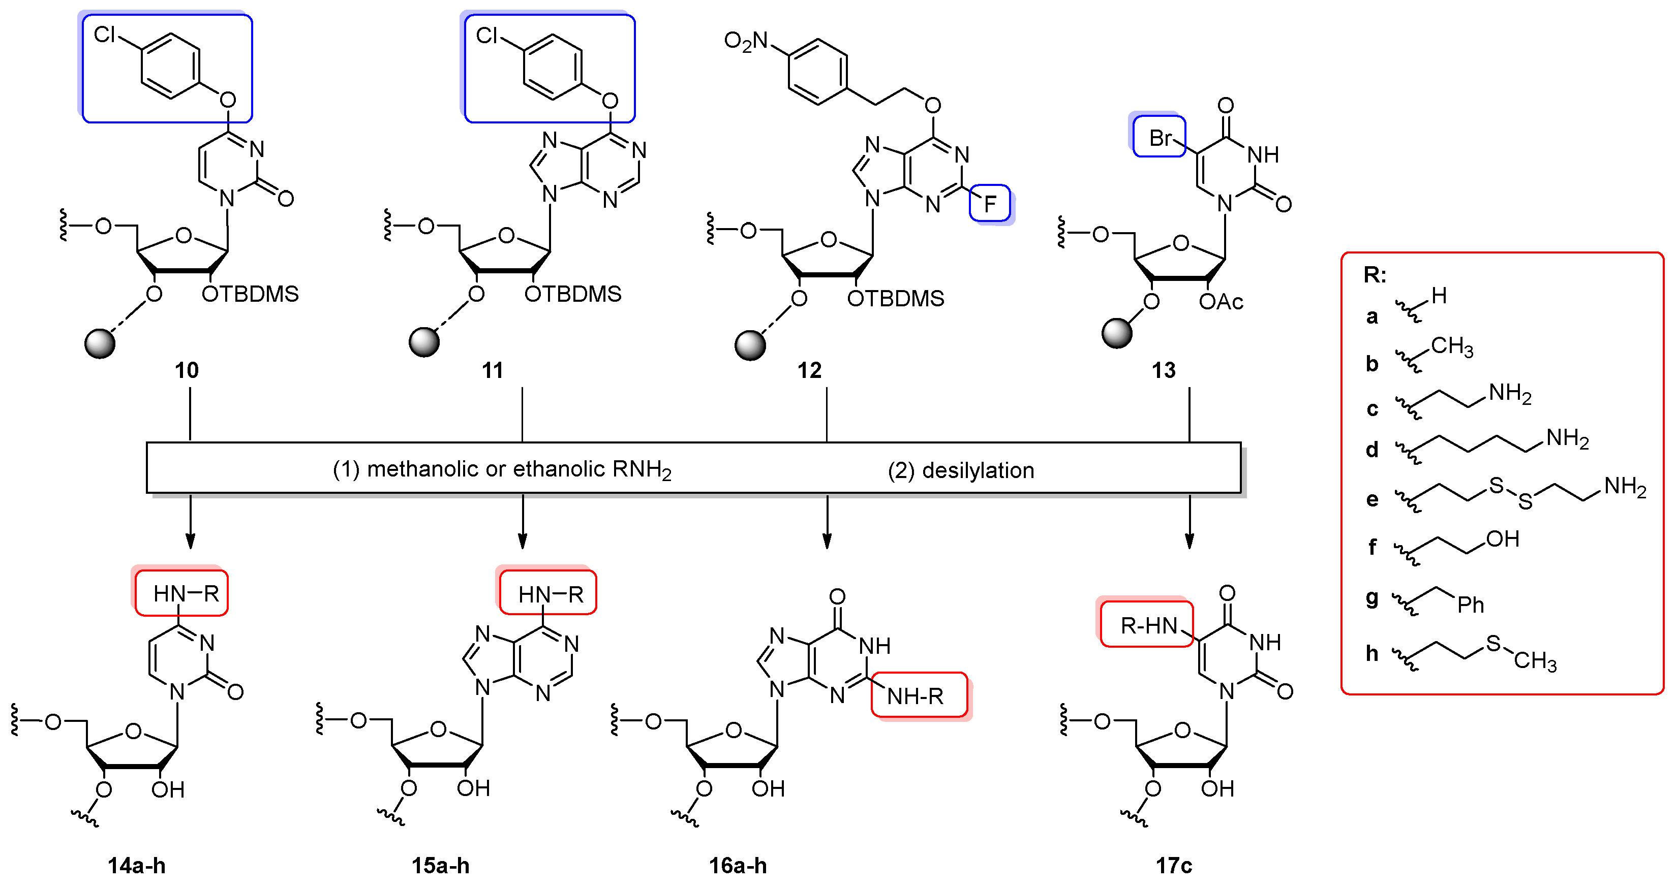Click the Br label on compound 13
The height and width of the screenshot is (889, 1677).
(x=1160, y=138)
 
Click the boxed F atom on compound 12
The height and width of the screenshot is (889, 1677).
(x=990, y=204)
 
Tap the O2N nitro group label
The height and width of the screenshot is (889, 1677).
(x=746, y=42)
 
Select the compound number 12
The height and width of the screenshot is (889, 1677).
(x=809, y=370)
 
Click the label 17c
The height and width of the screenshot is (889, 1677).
(x=1173, y=866)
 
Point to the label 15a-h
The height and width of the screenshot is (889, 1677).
(x=440, y=866)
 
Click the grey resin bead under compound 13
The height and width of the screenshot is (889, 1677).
(x=1116, y=333)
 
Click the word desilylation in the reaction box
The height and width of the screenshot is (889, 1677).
(x=978, y=470)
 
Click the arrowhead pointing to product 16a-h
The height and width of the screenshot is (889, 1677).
(x=827, y=542)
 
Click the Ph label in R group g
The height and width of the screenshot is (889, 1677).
(x=1470, y=605)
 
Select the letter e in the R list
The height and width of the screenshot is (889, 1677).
(x=1371, y=499)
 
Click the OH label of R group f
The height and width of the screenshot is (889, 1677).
(x=1503, y=539)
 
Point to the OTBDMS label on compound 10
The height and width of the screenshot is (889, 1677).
(x=250, y=294)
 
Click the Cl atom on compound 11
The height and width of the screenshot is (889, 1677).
(x=486, y=35)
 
